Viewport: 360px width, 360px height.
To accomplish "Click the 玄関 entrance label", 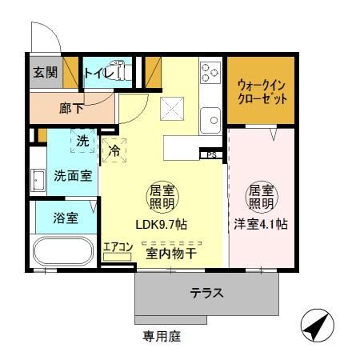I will pyautogui.click(x=44, y=73).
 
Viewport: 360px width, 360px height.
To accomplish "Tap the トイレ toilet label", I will pyautogui.click(x=98, y=74).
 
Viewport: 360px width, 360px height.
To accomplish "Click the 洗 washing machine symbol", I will pyautogui.click(x=83, y=142).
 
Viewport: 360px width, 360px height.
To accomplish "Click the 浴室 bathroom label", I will pyautogui.click(x=66, y=217).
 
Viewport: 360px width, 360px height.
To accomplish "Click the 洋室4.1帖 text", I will pyautogui.click(x=261, y=226).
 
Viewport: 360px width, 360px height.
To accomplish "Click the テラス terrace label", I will pyautogui.click(x=206, y=293).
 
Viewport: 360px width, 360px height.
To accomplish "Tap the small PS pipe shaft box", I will pyautogui.click(x=211, y=154).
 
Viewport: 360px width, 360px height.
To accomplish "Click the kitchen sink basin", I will pyautogui.click(x=214, y=121).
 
